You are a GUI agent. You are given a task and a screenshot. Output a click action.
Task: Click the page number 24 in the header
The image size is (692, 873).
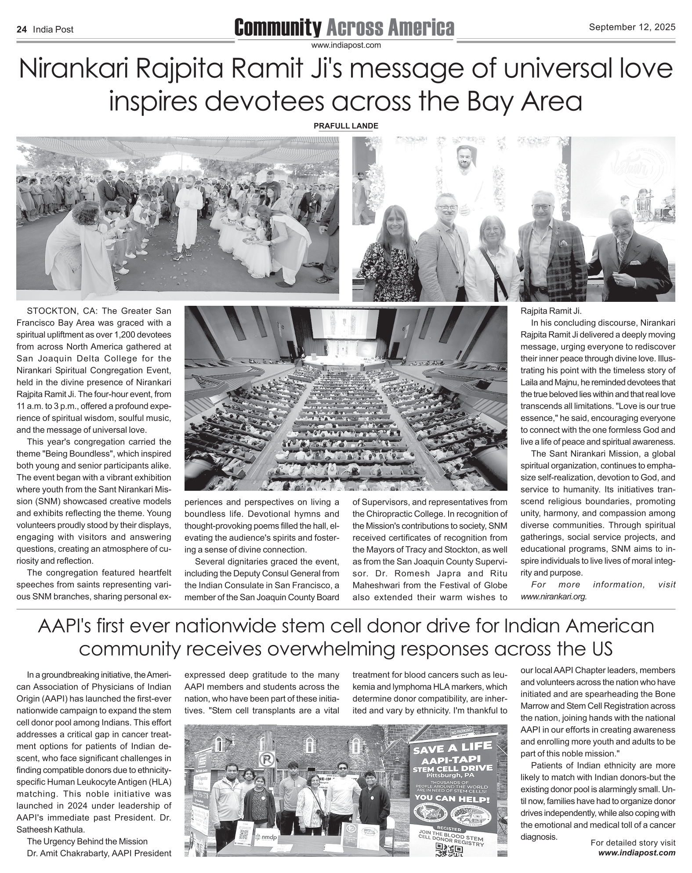point(22,30)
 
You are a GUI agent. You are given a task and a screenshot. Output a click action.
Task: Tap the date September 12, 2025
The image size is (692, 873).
point(632,28)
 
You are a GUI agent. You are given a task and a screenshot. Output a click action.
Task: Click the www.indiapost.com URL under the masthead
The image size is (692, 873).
point(346,45)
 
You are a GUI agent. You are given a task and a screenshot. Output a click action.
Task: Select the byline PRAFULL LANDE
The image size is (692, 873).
point(346,126)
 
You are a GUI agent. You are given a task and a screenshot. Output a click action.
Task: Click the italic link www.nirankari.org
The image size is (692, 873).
point(554,597)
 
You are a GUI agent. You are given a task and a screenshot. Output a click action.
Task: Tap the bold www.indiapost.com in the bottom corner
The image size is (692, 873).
point(637,853)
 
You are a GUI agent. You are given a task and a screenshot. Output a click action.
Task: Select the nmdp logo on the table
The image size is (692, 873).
point(266,837)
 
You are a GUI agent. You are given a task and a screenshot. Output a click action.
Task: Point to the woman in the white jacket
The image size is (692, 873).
point(492,255)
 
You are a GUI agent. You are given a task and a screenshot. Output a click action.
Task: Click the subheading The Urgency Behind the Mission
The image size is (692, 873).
point(87,841)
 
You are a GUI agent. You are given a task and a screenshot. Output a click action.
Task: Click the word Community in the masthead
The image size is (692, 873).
point(278,28)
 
